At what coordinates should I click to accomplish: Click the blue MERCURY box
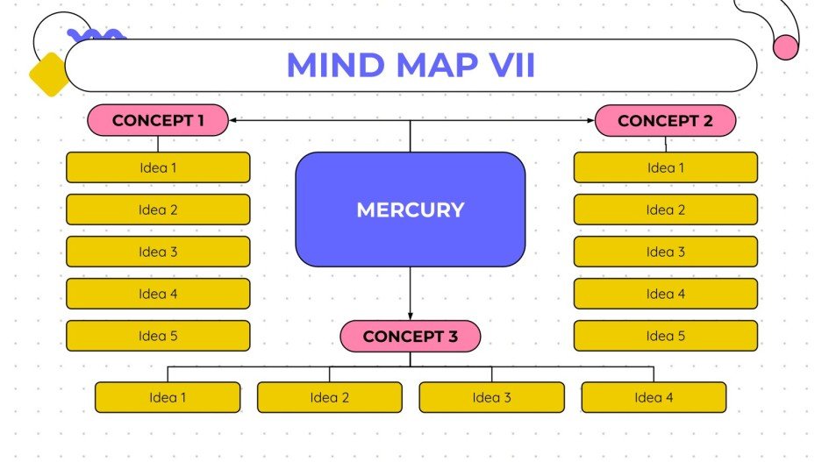410,210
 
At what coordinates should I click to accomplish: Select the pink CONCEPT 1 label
158,120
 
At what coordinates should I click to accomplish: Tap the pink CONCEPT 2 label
665,120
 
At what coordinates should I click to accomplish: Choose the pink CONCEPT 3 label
410,336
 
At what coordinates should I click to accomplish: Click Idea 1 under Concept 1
158,167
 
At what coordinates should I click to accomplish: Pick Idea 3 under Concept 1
158,252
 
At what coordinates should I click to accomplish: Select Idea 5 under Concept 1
158,336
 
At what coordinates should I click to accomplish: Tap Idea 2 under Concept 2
665,210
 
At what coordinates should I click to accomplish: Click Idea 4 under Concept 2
665,294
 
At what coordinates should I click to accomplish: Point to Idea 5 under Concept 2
665,336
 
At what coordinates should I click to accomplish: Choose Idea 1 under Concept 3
168,397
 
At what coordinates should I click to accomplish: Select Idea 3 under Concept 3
491,397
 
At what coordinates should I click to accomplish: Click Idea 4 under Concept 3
654,397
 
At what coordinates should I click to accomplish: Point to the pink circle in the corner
786,47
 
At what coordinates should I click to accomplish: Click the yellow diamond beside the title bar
49,74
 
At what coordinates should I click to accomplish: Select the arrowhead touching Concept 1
233,120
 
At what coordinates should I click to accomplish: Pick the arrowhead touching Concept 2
590,120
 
